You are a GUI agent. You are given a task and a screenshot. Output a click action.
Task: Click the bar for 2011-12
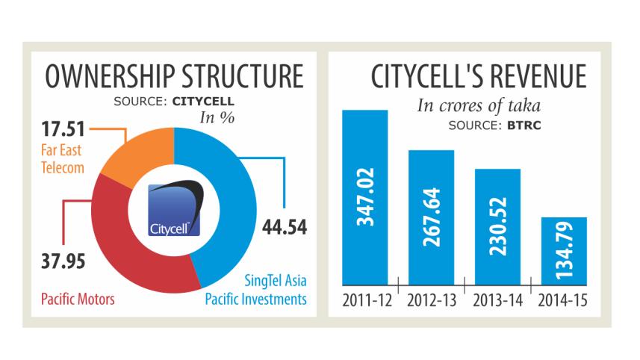pos(365,198)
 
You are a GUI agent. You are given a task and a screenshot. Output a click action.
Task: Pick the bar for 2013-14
pos(497,228)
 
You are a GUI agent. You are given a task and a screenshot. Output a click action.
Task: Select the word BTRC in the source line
pos(523,126)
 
